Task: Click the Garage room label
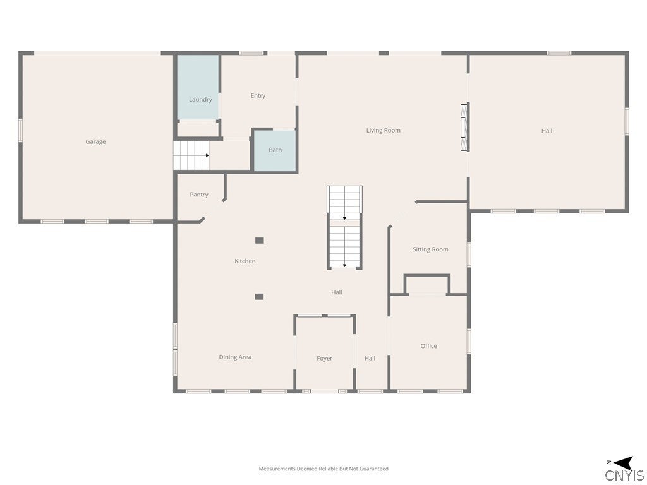coord(95,142)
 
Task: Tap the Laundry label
coord(200,99)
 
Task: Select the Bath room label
coord(275,150)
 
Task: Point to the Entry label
coord(258,96)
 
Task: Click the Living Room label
coord(384,130)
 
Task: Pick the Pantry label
coord(199,195)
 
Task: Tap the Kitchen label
coord(245,261)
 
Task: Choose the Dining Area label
coord(235,357)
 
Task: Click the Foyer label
coord(324,359)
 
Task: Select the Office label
coord(429,346)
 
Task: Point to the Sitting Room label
coord(430,249)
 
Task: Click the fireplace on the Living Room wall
coord(465,127)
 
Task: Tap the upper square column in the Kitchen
coord(260,241)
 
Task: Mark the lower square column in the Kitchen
coord(259,297)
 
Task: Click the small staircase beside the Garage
coord(191,155)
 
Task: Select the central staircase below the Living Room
coord(344,227)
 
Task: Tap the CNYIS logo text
coord(624,476)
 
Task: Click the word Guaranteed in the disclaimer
coord(374,469)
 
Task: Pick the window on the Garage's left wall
coord(20,131)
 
